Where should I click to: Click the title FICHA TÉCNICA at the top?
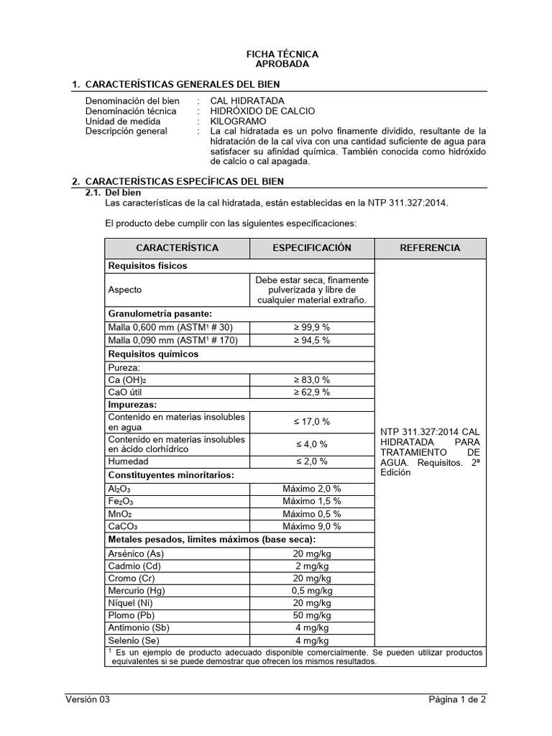point(282,54)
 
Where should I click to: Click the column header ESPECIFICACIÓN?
point(311,248)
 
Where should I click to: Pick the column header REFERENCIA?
point(429,248)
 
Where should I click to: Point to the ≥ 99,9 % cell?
point(311,327)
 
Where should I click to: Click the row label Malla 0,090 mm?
point(172,340)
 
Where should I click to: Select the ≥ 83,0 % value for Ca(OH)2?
point(311,379)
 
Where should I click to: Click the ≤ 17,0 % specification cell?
point(311,422)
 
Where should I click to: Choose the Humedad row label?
point(128,461)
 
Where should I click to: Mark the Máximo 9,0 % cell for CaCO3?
point(311,527)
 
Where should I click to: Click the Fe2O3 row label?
point(121,501)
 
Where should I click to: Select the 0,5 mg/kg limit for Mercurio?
point(311,591)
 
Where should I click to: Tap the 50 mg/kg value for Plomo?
point(311,616)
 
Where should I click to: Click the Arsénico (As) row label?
point(135,553)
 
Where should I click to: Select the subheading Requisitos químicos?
point(153,354)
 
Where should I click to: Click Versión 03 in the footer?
point(88,699)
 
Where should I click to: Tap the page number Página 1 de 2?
point(457,699)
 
